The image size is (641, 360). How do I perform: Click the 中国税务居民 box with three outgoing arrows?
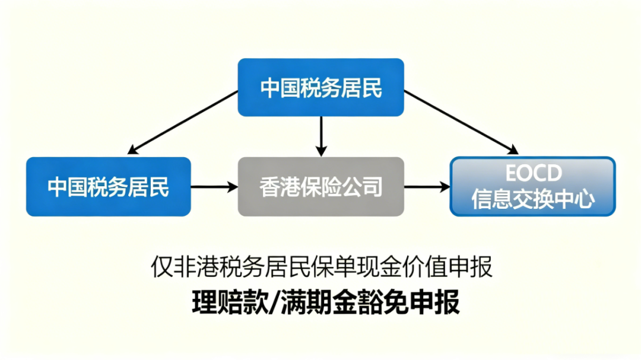[320, 87]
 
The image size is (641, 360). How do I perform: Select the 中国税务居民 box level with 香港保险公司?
[109, 186]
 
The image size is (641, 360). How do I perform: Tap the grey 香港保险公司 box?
[320, 186]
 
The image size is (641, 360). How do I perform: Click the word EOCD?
[533, 174]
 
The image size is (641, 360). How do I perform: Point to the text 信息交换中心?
[533, 200]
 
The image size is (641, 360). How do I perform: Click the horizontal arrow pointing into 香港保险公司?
[214, 187]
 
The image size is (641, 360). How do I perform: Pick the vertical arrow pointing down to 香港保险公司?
[320, 136]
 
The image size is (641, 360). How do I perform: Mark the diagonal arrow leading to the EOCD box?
[460, 122]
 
